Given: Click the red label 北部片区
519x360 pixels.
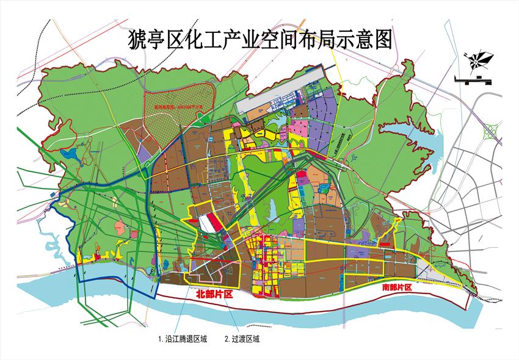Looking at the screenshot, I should (x=215, y=294).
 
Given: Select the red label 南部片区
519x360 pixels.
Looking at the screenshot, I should (x=397, y=286).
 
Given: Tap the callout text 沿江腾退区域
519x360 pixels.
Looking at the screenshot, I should (x=182, y=339).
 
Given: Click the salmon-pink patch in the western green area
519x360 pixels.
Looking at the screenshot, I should (x=120, y=229).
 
